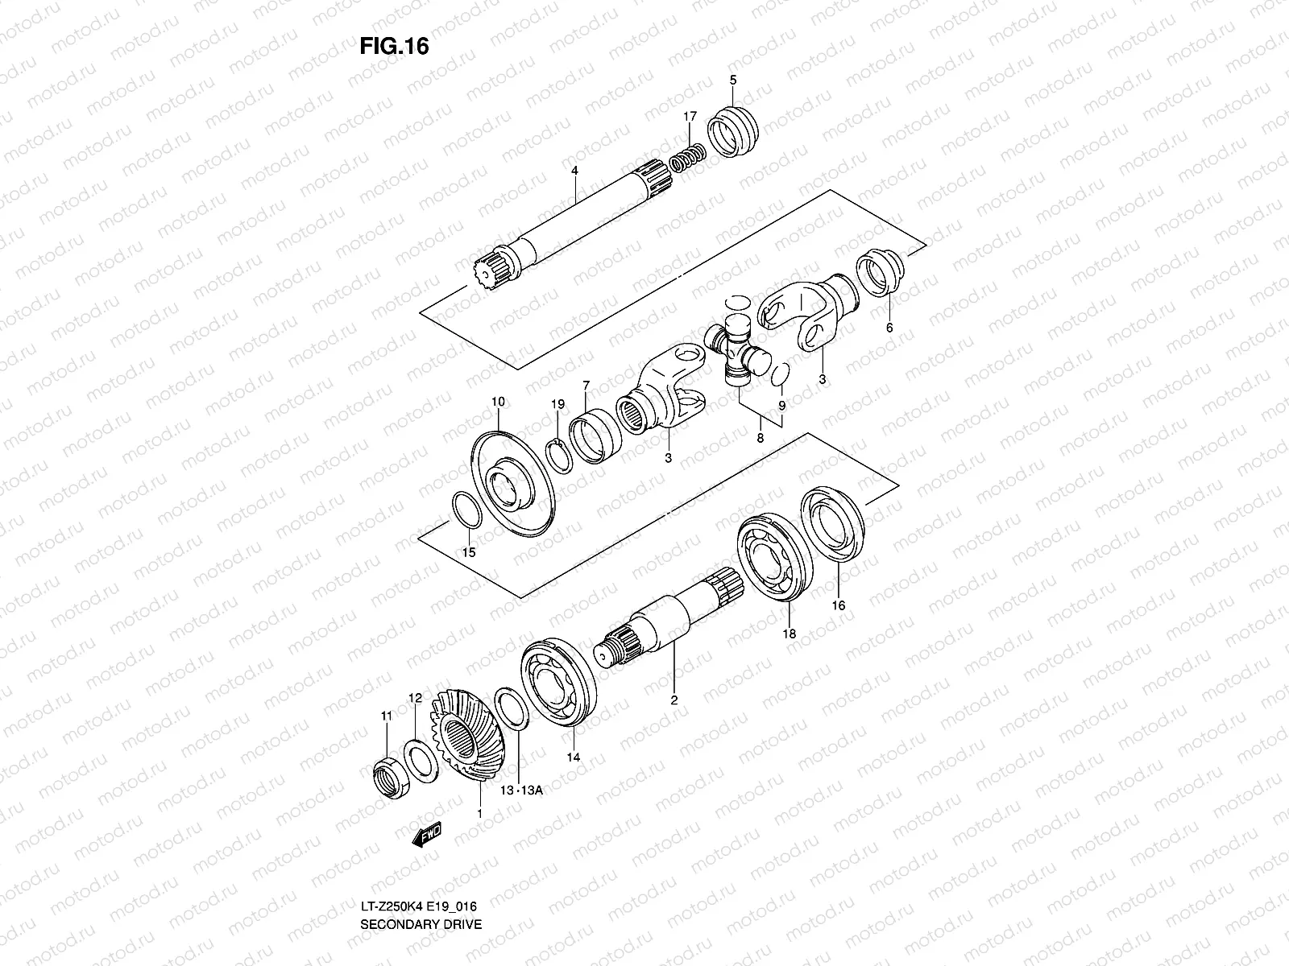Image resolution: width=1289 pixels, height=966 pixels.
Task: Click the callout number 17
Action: (x=690, y=117)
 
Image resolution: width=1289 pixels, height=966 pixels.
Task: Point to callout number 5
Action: (x=732, y=80)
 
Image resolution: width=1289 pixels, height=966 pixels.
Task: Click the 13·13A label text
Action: (x=521, y=791)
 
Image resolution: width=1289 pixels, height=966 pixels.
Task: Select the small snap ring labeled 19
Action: (x=557, y=455)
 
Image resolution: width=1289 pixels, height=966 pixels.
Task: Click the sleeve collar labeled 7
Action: (x=596, y=438)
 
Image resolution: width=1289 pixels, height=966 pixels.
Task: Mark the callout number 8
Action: (x=760, y=438)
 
